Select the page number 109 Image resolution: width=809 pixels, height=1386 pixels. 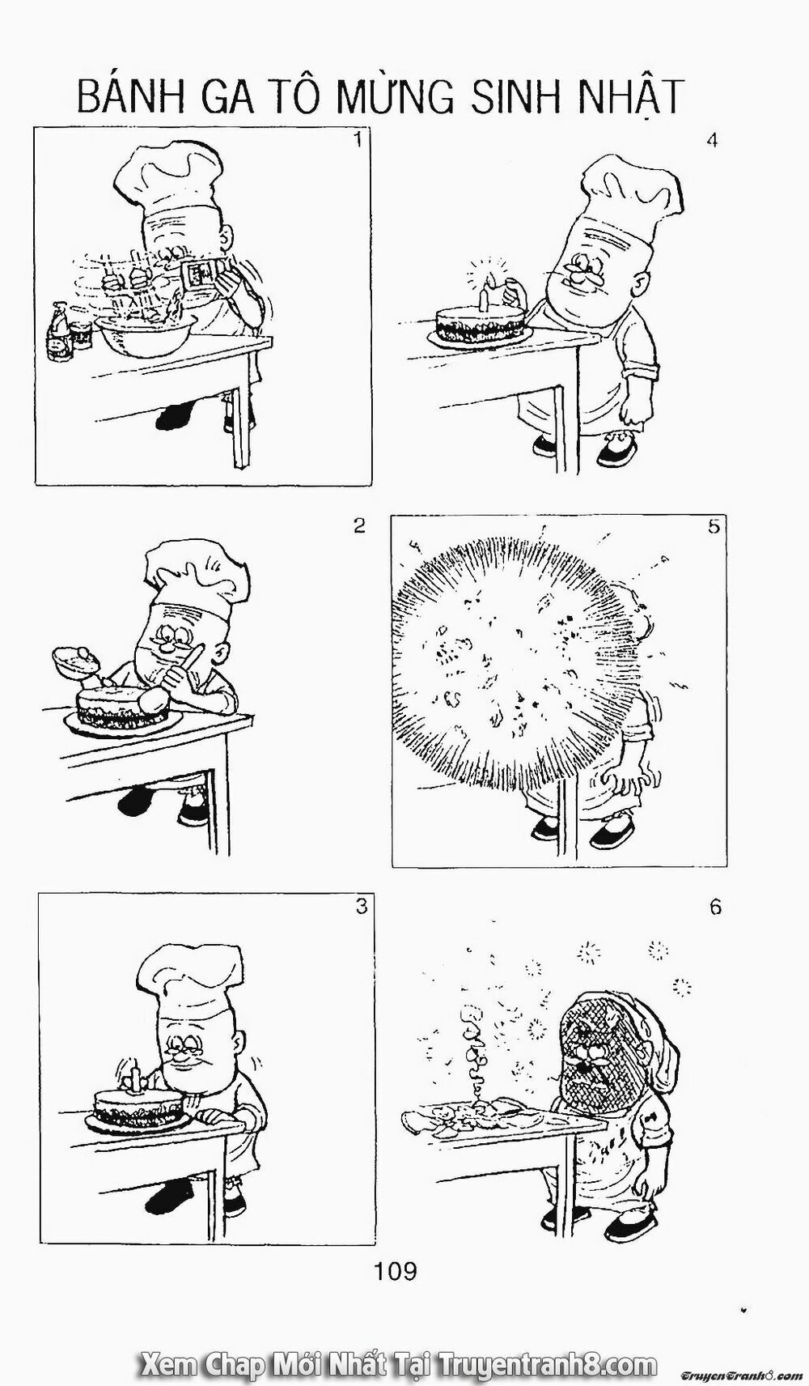point(396,1272)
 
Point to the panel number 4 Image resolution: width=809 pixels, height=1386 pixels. point(712,139)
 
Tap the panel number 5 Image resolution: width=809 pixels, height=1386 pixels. point(713,526)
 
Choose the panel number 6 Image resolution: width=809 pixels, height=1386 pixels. point(714,908)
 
